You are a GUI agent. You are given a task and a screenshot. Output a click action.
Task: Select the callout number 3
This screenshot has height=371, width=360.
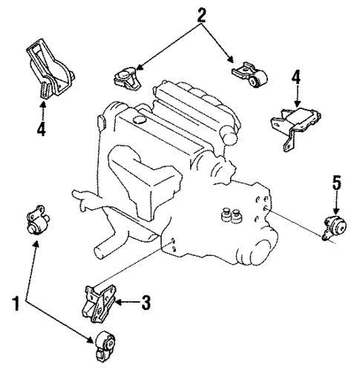click(x=146, y=302)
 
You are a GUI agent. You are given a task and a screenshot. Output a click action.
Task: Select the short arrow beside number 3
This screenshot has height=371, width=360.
click(x=128, y=302)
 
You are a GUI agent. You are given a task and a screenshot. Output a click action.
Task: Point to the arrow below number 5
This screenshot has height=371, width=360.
click(x=336, y=202)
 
